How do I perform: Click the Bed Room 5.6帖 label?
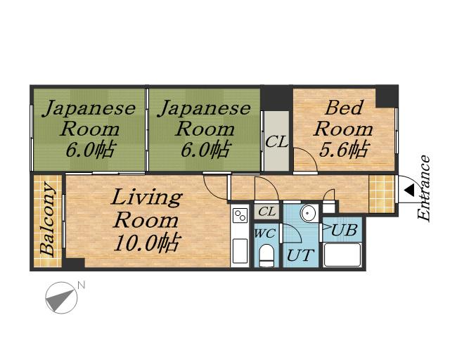tap(343, 129)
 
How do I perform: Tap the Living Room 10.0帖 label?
tap(147, 220)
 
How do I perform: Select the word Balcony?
tap(47, 219)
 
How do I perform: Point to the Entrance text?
tap(424, 188)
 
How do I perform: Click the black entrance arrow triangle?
tap(409, 191)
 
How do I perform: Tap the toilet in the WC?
tap(266, 255)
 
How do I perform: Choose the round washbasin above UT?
tap(308, 213)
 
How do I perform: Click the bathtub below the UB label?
tap(342, 255)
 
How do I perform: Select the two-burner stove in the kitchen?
tap(240, 215)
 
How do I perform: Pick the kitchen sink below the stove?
tap(240, 250)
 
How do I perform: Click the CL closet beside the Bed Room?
tap(276, 141)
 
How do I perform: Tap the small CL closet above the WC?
tap(266, 212)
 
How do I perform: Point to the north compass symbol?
tap(61, 297)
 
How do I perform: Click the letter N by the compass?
tap(82, 285)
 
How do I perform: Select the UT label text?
tap(300, 255)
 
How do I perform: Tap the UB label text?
tap(344, 230)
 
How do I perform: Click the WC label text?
tap(265, 233)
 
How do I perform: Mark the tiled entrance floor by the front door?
tap(381, 194)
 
